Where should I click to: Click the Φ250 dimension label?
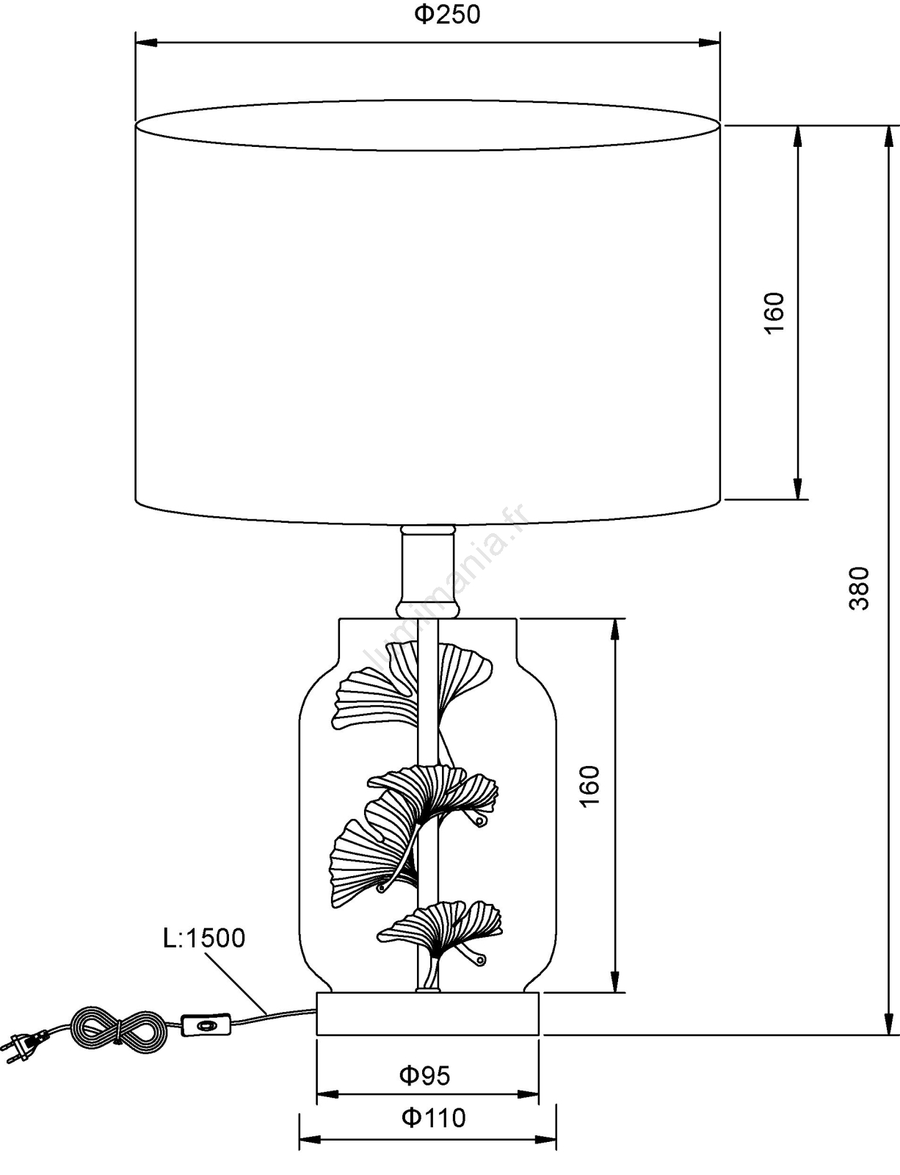[x=447, y=15]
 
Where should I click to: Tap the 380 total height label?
[x=859, y=588]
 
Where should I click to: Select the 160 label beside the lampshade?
[x=774, y=313]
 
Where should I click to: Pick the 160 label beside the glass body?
[x=590, y=787]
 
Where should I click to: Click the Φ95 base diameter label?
[x=425, y=1076]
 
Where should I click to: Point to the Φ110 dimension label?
[x=434, y=1118]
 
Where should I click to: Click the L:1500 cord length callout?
[x=204, y=938]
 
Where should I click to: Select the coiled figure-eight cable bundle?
[x=117, y=1030]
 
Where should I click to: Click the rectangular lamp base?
[x=427, y=1014]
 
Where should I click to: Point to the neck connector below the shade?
[x=427, y=571]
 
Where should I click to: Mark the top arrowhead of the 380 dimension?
[x=888, y=137]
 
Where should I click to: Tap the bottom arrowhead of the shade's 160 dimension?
[x=796, y=488]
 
